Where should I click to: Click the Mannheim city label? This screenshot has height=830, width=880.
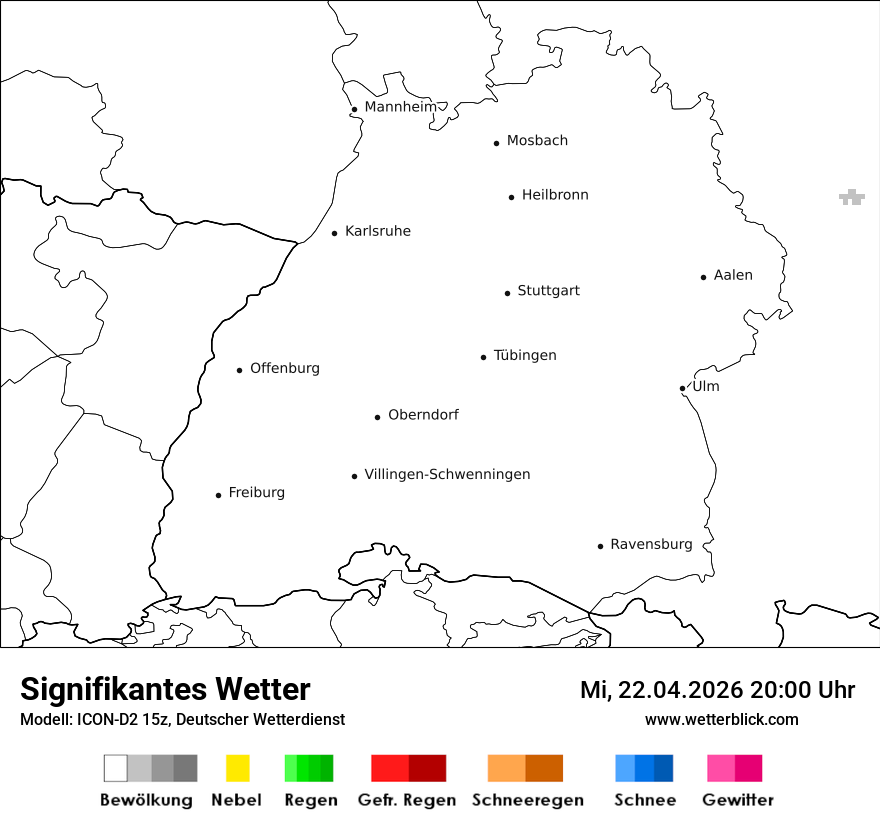point(400,107)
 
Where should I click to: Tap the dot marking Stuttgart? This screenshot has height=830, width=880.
point(507,293)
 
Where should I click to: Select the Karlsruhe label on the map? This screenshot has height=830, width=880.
point(377,231)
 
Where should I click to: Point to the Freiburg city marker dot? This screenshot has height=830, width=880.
point(218,495)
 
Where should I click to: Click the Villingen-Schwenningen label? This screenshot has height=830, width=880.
point(447,474)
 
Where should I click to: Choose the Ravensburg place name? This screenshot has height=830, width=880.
point(651,544)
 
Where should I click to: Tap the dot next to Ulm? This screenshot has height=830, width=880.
point(682,388)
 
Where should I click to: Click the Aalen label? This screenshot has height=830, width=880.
point(733,275)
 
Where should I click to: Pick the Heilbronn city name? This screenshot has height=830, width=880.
point(555,195)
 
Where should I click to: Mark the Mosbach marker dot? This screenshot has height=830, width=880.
point(496,143)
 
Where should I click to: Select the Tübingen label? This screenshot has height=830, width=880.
point(525,355)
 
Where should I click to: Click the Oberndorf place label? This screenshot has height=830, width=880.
point(423,415)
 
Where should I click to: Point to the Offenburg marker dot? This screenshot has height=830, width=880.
point(240,370)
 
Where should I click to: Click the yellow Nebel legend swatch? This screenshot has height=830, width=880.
point(237,768)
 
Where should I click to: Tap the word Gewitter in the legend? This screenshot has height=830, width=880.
point(738,800)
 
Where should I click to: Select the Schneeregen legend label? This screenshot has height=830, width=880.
point(528,800)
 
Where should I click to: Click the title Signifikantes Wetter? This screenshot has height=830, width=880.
point(165,689)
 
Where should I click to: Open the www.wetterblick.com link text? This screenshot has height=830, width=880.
point(722,719)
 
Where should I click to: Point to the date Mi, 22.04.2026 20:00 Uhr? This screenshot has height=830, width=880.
point(717,690)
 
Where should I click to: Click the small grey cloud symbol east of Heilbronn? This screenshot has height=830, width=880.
point(851,197)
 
